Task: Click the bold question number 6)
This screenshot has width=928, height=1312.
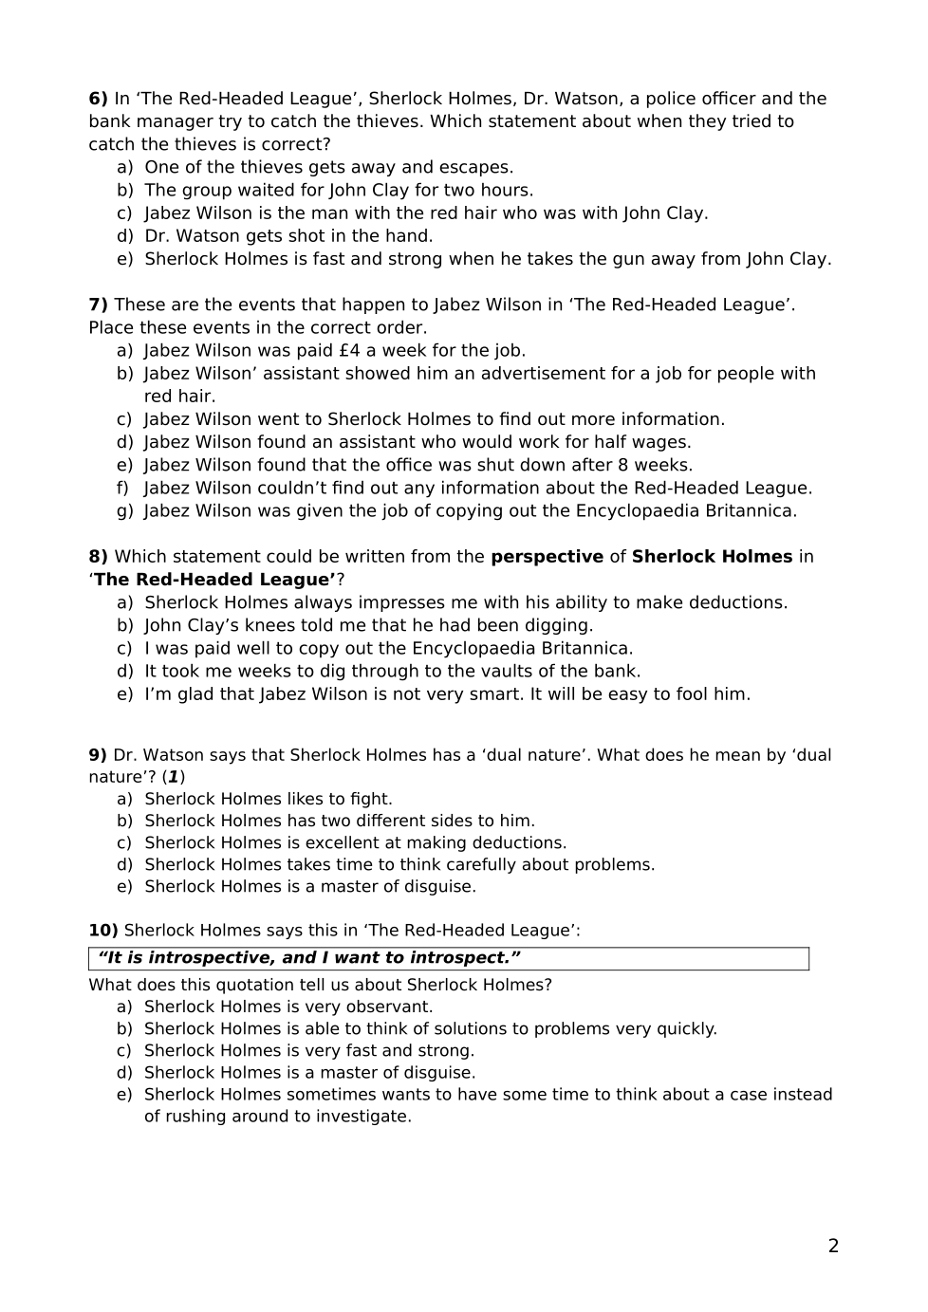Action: point(98,99)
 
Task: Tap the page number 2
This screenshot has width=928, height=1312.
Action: point(833,1247)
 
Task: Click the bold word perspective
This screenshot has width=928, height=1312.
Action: point(547,557)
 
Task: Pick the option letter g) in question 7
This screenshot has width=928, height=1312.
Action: point(124,511)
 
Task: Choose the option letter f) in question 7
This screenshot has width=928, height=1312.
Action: point(123,489)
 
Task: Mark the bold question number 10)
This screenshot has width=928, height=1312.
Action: point(103,931)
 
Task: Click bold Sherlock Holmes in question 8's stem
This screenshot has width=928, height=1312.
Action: point(712,557)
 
